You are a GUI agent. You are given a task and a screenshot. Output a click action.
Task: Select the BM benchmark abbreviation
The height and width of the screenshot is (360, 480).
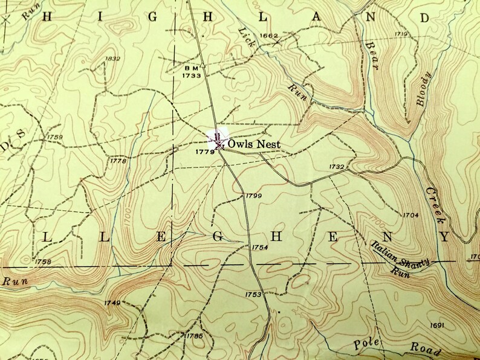coord(190,68)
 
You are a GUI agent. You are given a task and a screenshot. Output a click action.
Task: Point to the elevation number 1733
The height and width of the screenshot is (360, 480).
coord(191,76)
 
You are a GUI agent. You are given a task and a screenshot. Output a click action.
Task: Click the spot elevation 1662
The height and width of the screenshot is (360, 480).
coord(268,36)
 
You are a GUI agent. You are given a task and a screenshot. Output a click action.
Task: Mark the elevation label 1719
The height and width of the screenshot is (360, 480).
coord(402,34)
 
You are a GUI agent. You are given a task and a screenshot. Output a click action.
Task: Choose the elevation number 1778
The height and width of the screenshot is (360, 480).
coord(118,161)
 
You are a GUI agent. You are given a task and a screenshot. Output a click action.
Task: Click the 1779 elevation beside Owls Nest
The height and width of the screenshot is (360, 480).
coord(206,152)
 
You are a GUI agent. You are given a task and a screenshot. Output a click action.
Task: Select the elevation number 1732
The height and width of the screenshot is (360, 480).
coord(337,167)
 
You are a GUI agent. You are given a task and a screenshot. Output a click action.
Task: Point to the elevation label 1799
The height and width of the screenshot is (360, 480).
coord(254,196)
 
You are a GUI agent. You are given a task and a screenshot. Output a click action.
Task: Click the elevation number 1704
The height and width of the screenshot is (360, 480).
coord(410,215)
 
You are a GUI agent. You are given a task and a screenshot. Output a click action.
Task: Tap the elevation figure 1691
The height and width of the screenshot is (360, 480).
coord(436,326)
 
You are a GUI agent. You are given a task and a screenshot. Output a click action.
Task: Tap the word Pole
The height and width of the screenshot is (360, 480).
coord(366,342)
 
